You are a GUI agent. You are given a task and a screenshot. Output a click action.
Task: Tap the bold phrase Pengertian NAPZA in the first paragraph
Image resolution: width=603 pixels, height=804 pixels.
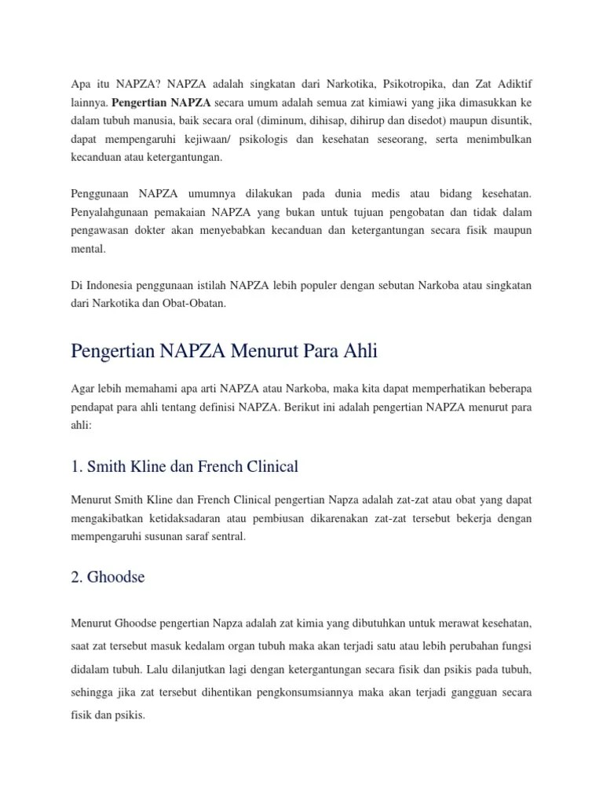161,102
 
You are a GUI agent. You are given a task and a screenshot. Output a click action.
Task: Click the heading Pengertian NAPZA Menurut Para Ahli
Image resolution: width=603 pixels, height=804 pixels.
224,352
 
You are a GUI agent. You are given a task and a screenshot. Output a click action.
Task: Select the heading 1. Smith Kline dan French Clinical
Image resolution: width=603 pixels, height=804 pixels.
184,466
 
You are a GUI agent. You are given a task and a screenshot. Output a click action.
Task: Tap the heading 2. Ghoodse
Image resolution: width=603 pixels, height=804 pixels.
108,577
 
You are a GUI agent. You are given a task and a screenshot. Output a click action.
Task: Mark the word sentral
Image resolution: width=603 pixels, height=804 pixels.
228,537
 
